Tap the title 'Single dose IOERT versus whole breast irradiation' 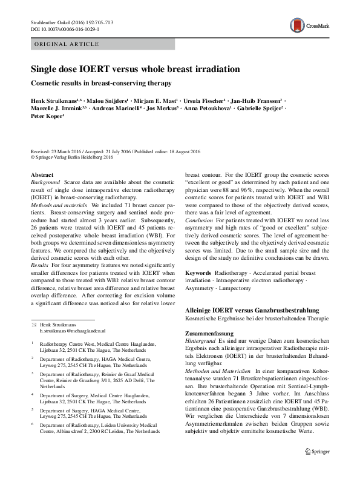[135, 70]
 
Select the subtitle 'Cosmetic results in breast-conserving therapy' [102, 82]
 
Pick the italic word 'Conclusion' [198, 237]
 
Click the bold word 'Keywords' [198, 273]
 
